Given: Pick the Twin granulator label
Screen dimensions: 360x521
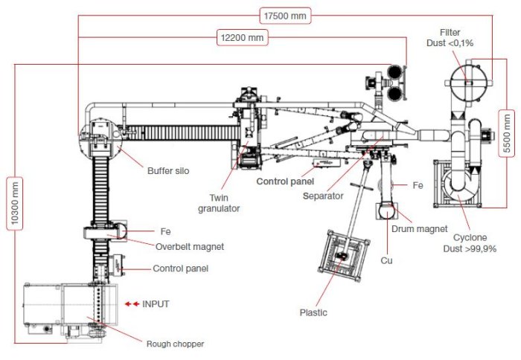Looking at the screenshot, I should pyautogui.click(x=223, y=203).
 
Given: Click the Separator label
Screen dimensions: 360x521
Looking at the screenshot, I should pyautogui.click(x=322, y=196).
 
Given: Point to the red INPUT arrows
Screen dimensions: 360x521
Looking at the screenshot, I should pyautogui.click(x=132, y=304).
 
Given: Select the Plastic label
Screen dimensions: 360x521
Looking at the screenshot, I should pyautogui.click(x=314, y=312).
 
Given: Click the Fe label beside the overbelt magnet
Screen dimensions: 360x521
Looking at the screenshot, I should pyautogui.click(x=165, y=231).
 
